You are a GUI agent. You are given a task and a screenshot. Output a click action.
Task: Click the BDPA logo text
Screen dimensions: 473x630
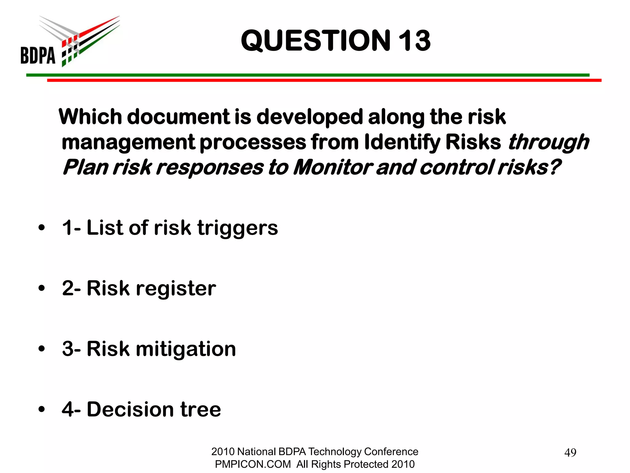click(x=38, y=55)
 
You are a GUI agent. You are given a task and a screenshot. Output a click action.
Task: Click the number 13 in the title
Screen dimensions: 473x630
click(x=414, y=41)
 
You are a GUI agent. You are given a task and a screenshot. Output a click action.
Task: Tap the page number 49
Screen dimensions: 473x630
click(x=570, y=453)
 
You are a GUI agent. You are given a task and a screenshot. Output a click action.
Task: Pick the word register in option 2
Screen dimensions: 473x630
click(x=176, y=289)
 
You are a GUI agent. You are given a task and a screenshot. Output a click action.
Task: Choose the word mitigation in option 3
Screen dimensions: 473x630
click(x=186, y=349)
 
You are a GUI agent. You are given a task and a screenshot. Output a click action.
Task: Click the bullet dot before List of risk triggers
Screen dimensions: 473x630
click(x=42, y=228)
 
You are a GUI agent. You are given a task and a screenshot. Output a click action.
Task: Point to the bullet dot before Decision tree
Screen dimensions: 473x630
click(x=42, y=410)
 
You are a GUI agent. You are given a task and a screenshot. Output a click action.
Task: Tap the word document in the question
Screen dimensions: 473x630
click(x=178, y=117)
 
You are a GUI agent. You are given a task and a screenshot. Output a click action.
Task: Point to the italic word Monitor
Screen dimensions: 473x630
click(x=333, y=168)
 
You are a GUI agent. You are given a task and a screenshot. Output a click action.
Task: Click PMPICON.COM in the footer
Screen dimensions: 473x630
click(x=253, y=464)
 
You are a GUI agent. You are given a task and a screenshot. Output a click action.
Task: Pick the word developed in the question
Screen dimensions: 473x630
click(x=310, y=118)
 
